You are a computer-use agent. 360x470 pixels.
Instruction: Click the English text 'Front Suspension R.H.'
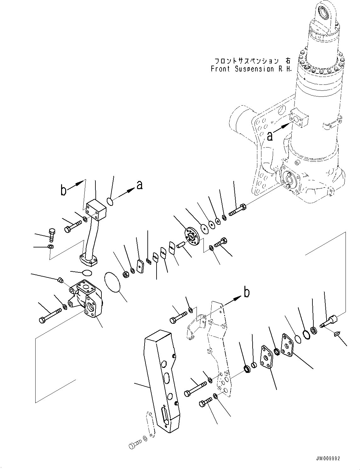[251, 69]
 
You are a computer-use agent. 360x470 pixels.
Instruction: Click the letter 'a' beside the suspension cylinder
[270, 136]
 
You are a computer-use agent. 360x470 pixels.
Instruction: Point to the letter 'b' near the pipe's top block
[64, 190]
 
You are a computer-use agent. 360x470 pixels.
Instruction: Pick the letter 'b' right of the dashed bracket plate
[247, 293]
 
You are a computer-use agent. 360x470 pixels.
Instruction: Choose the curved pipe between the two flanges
[91, 239]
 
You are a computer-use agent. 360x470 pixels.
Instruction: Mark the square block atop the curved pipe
[96, 209]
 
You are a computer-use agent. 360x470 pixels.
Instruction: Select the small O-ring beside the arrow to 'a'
[109, 201]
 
